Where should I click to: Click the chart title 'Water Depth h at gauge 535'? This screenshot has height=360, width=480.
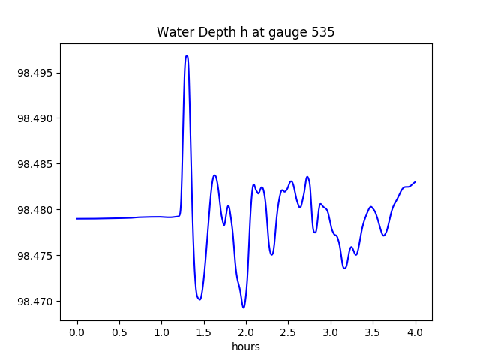[245, 32]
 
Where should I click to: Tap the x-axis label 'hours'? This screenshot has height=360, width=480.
[246, 347]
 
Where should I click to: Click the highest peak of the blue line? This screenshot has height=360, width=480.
[187, 55]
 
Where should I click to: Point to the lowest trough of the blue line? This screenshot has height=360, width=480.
[243, 307]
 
